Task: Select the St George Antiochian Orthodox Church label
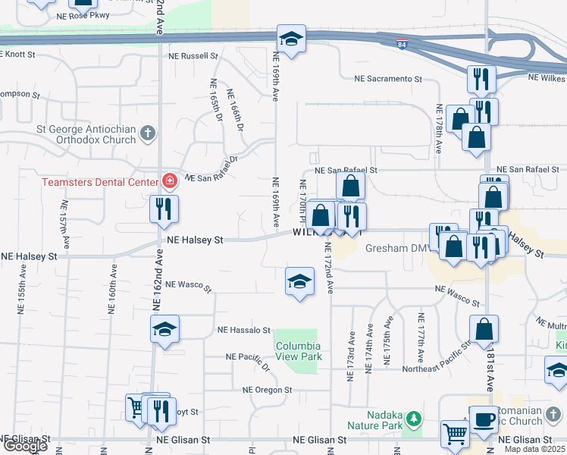[85, 134]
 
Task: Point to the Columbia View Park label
[298, 352]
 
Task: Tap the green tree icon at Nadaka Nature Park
[413, 418]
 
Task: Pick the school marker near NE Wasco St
[300, 281]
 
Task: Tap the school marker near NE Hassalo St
[164, 330]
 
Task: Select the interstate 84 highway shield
[402, 45]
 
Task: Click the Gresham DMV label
[397, 248]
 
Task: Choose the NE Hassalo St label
[243, 331]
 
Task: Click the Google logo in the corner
[24, 446]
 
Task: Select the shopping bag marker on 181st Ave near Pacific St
[484, 329]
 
